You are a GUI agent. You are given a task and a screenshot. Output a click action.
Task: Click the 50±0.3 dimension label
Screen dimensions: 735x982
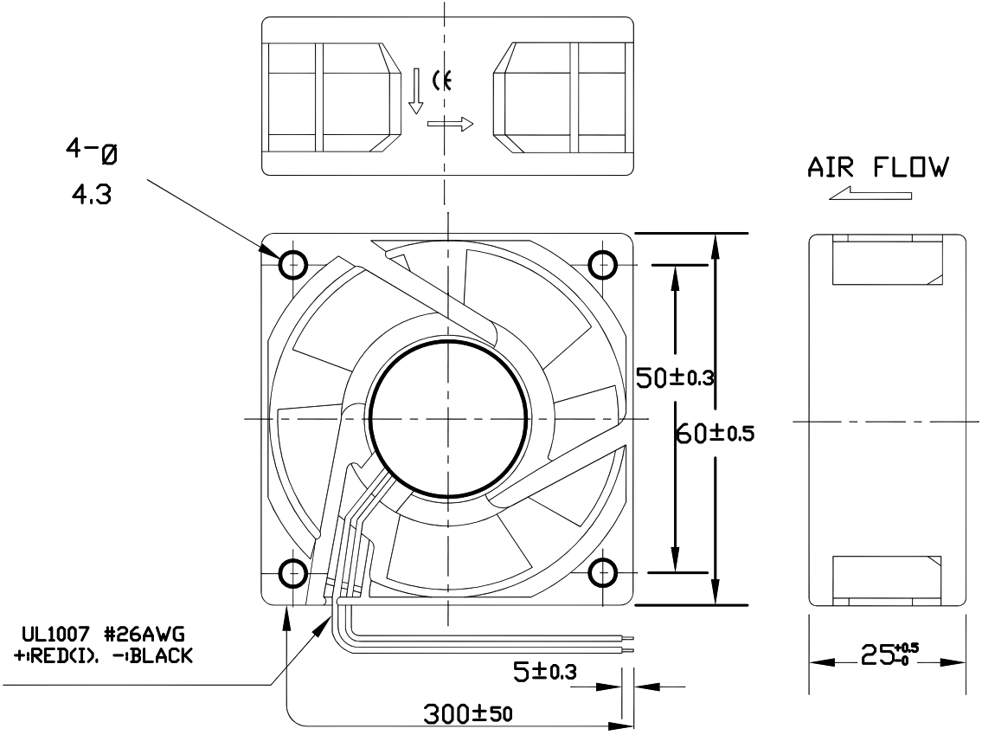coord(674,377)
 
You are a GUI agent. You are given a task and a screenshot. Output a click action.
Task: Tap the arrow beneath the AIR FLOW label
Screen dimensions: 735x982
coord(870,196)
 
